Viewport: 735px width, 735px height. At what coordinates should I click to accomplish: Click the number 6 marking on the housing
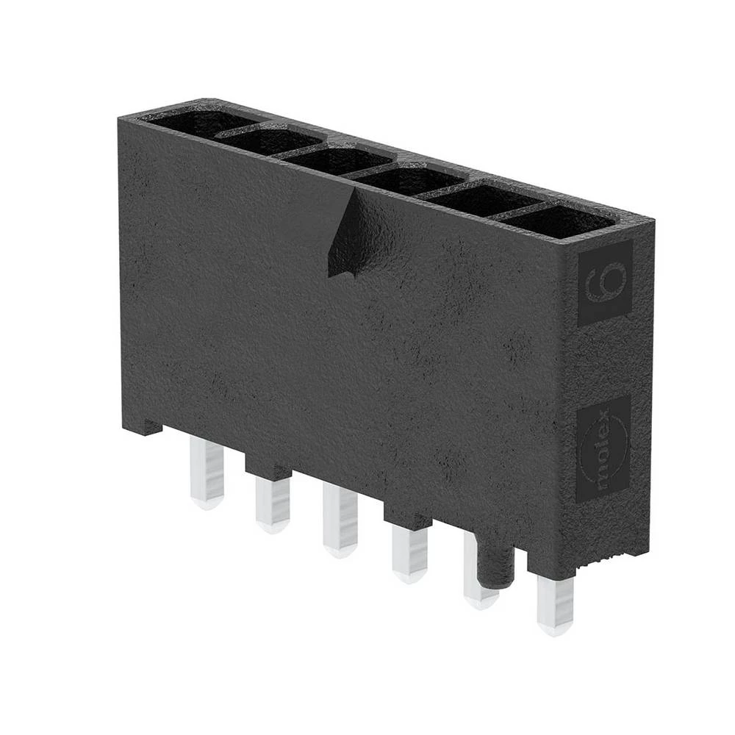605,283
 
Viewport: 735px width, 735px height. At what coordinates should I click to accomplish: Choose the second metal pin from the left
273,503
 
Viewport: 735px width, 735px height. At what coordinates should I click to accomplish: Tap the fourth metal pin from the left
409,553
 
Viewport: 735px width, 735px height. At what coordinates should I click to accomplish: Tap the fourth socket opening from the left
408,179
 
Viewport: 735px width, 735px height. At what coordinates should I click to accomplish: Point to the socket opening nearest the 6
559,220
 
